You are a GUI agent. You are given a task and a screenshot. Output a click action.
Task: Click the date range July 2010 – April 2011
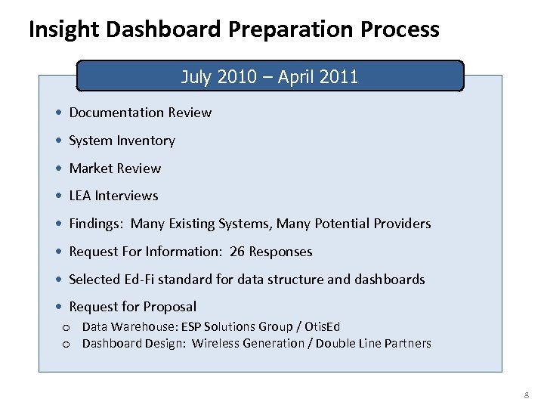270,76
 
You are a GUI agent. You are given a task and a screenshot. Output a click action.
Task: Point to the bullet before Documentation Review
59,113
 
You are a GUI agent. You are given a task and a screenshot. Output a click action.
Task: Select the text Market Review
115,168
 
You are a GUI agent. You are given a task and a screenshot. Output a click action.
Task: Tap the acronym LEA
80,196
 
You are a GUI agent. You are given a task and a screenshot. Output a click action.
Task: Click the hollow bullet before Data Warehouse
66,327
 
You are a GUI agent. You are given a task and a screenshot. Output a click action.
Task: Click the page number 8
527,394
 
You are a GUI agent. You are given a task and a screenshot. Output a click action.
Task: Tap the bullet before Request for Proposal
59,307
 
